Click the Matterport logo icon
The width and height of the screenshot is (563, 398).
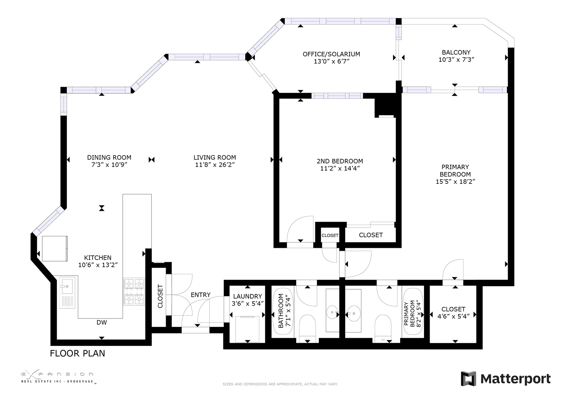tap(468, 378)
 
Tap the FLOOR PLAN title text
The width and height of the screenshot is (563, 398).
tap(77, 353)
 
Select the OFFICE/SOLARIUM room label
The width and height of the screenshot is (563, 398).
tap(331, 54)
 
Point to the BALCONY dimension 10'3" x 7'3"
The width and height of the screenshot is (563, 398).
tap(456, 60)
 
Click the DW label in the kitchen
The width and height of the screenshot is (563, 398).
tap(102, 322)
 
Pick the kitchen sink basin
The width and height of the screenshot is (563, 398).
tap(67, 286)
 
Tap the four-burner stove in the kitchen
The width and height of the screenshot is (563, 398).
tap(134, 291)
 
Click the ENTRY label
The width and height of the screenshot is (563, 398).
tap(201, 295)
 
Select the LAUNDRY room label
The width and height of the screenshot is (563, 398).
tap(248, 296)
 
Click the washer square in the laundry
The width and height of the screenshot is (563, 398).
tap(247, 329)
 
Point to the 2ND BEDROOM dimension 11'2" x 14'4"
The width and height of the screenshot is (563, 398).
tap(340, 168)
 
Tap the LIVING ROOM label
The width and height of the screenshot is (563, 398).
tap(215, 158)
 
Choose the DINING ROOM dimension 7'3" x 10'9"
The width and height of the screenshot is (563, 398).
tap(109, 165)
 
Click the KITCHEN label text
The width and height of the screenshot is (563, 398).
tap(97, 258)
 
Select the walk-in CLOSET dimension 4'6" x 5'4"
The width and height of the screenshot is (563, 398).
tap(454, 316)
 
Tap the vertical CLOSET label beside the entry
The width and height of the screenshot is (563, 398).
tap(160, 296)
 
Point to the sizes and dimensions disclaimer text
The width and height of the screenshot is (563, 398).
tap(280, 384)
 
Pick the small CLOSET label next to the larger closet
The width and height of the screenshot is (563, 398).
tap(330, 236)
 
